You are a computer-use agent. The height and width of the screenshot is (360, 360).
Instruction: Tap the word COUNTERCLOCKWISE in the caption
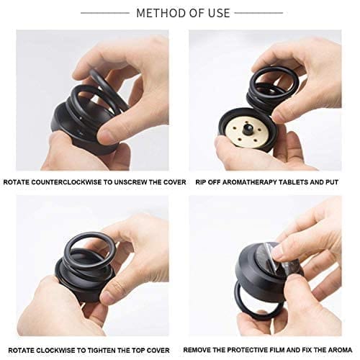(67, 182)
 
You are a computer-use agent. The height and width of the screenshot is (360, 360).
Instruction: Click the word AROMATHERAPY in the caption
(249, 182)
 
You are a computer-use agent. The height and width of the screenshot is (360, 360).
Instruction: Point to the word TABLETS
(292, 182)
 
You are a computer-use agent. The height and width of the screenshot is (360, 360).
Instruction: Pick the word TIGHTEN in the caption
(102, 351)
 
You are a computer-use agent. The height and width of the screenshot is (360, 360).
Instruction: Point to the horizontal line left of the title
(105, 13)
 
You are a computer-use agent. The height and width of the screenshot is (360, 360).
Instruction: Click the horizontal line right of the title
(258, 13)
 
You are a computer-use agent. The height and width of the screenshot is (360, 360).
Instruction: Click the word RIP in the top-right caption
(201, 182)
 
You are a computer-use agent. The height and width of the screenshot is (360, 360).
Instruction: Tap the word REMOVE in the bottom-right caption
(196, 350)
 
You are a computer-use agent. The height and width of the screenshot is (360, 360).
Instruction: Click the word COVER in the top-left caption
(174, 182)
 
